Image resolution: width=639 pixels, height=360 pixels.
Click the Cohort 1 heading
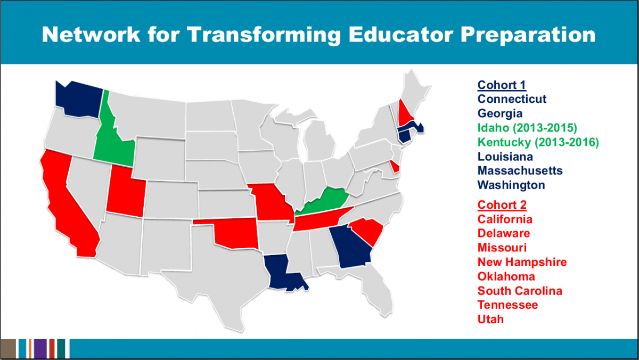502,85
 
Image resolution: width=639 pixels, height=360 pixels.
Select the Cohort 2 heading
502,205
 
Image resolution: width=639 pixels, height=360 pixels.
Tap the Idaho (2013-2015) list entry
527,128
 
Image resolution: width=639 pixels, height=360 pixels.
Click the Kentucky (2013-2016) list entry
538,142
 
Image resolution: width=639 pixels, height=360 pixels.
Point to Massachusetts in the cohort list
520,170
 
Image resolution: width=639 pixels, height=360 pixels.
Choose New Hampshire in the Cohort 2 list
522,262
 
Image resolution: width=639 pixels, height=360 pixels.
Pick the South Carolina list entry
520,291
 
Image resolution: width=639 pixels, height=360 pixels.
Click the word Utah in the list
490,319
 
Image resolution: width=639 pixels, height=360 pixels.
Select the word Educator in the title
400,35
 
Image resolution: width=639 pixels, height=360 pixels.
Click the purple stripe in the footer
40,349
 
